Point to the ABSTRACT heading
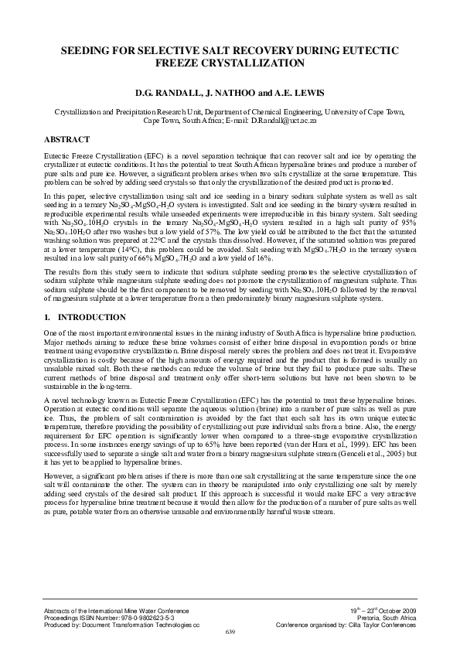68,139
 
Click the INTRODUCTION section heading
93,318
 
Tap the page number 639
230,632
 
